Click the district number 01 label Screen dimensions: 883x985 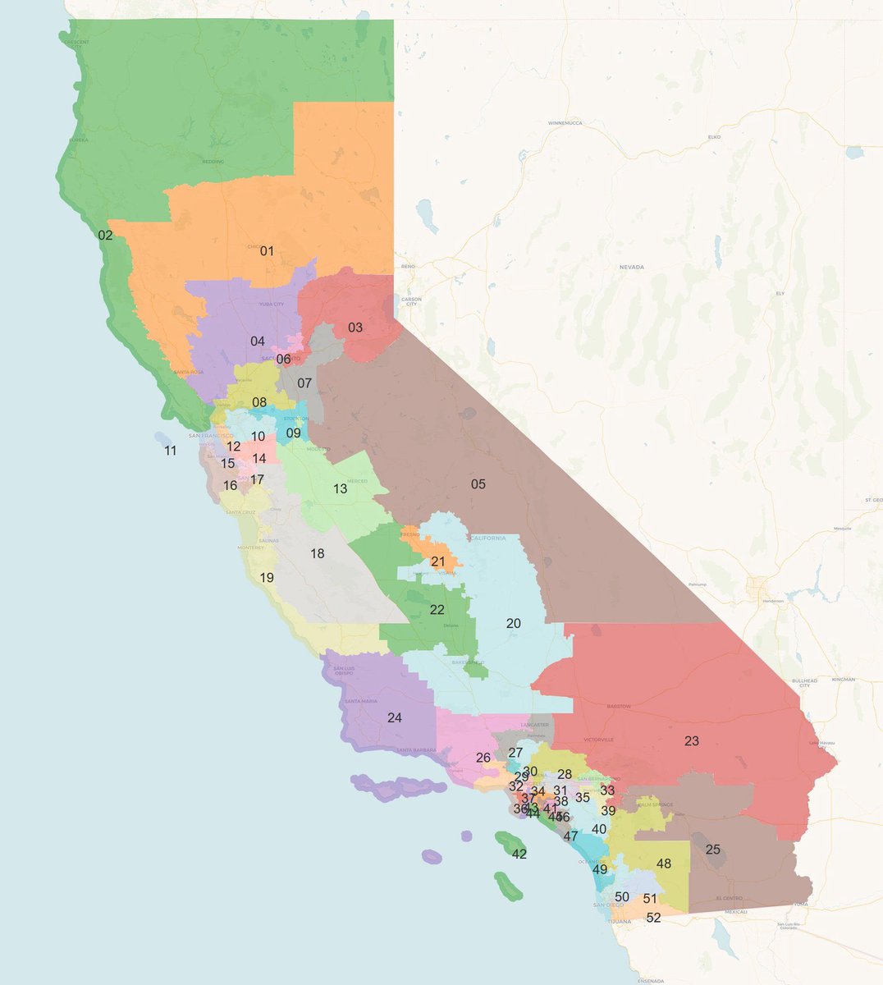tap(267, 251)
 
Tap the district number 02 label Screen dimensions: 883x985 tap(105, 236)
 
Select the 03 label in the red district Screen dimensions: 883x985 tap(355, 328)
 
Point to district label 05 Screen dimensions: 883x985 tap(478, 484)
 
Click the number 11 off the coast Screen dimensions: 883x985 tap(170, 451)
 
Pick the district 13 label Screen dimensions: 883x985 tap(340, 489)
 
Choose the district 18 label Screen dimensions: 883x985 tap(317, 554)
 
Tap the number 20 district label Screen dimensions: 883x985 tap(513, 624)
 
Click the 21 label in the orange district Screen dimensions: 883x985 tap(437, 561)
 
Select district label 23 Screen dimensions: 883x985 tap(691, 741)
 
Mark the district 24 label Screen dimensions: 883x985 tap(394, 717)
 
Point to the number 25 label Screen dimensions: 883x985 tap(712, 850)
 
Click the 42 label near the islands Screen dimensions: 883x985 tap(519, 854)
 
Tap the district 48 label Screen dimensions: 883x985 tap(663, 864)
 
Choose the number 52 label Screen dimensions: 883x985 tap(653, 918)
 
